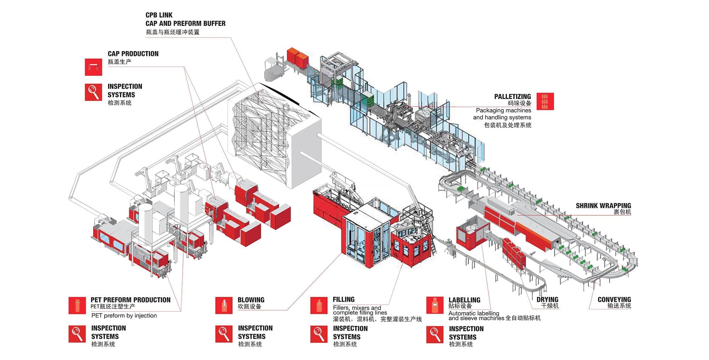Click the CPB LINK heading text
[159, 15]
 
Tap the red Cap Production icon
[93, 67]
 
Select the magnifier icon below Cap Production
[93, 92]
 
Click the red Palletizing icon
[545, 101]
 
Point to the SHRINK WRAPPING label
[603, 206]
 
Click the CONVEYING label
[614, 299]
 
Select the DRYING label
[547, 299]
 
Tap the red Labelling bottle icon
[435, 305]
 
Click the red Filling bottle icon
[319, 305]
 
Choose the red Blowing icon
[224, 305]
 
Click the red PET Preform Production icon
[77, 305]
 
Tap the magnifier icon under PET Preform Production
[77, 334]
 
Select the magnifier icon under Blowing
[224, 334]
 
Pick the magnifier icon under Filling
[319, 334]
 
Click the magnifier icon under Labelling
[435, 334]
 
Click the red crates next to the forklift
[297, 57]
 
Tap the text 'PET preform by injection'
[124, 315]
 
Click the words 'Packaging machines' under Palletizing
[503, 110]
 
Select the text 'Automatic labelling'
[474, 313]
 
